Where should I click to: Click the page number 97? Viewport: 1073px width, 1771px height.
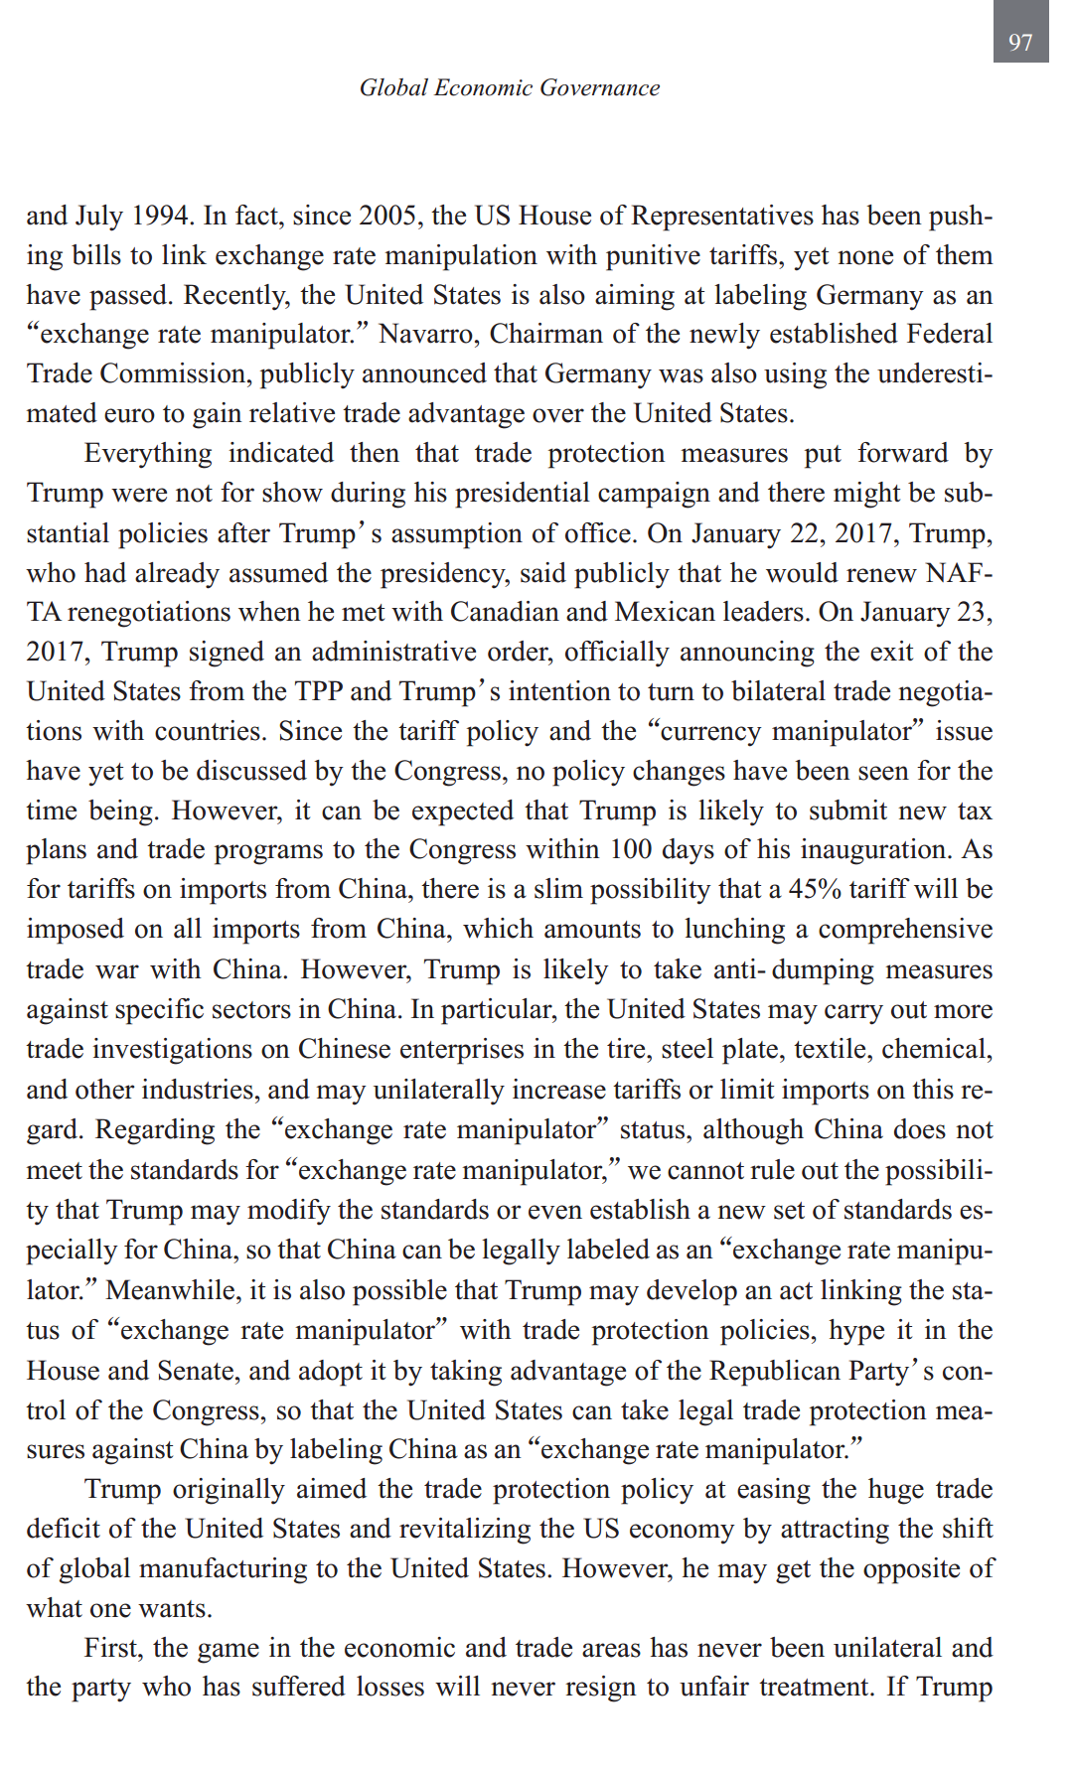pyautogui.click(x=1020, y=42)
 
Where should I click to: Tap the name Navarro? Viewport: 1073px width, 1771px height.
pyautogui.click(x=426, y=334)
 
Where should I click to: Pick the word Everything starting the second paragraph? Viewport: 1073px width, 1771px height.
pyautogui.click(x=148, y=453)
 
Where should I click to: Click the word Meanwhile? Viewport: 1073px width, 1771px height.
pyautogui.click(x=170, y=1290)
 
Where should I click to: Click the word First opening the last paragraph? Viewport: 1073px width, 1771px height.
pyautogui.click(x=113, y=1648)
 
